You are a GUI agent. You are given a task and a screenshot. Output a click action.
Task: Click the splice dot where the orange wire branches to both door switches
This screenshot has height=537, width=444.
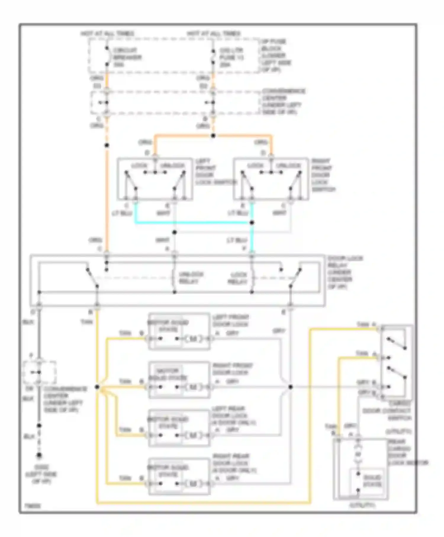pyautogui.click(x=213, y=136)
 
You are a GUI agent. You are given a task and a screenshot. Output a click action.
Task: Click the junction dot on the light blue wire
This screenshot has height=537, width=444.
pyautogui.click(x=252, y=223)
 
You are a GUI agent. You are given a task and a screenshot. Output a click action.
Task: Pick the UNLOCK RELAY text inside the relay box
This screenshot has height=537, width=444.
pyautogui.click(x=191, y=278)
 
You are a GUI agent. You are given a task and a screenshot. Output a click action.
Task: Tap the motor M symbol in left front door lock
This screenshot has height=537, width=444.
pyautogui.click(x=193, y=339)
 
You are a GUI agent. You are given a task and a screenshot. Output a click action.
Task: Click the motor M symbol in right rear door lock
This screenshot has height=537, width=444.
pyautogui.click(x=193, y=484)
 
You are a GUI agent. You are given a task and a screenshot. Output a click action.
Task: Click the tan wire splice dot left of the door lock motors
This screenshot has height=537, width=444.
pyautogui.click(x=97, y=387)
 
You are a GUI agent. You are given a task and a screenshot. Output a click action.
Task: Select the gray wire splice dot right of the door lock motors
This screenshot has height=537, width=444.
pyautogui.click(x=290, y=387)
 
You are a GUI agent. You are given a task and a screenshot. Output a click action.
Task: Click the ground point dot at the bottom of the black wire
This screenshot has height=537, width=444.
pyautogui.click(x=39, y=455)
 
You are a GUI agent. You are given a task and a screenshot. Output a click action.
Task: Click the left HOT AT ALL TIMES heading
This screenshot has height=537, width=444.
pyautogui.click(x=107, y=34)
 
